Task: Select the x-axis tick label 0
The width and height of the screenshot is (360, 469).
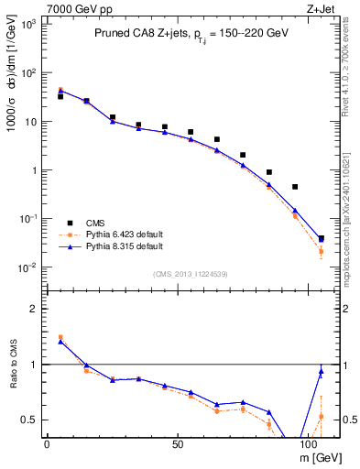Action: click(x=47, y=444)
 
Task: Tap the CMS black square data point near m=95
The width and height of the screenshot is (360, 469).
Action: click(x=295, y=187)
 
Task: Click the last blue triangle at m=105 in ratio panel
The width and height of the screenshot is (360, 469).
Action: click(x=321, y=371)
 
